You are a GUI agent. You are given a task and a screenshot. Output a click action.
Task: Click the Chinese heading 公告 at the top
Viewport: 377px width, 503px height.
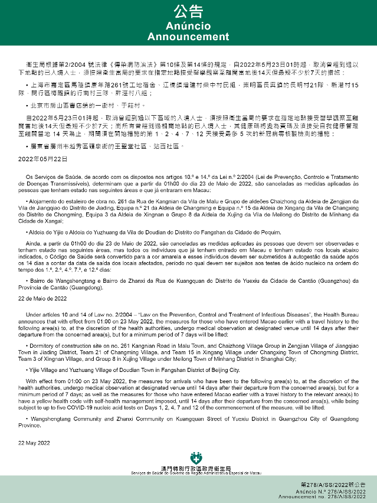tap(188, 12)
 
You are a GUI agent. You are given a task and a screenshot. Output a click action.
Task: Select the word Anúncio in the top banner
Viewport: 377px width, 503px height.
tap(188, 27)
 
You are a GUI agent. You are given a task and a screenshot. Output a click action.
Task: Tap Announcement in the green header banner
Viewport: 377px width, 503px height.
tap(188, 37)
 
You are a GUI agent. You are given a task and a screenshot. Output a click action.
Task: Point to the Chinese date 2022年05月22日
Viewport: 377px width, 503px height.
tap(38, 159)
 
